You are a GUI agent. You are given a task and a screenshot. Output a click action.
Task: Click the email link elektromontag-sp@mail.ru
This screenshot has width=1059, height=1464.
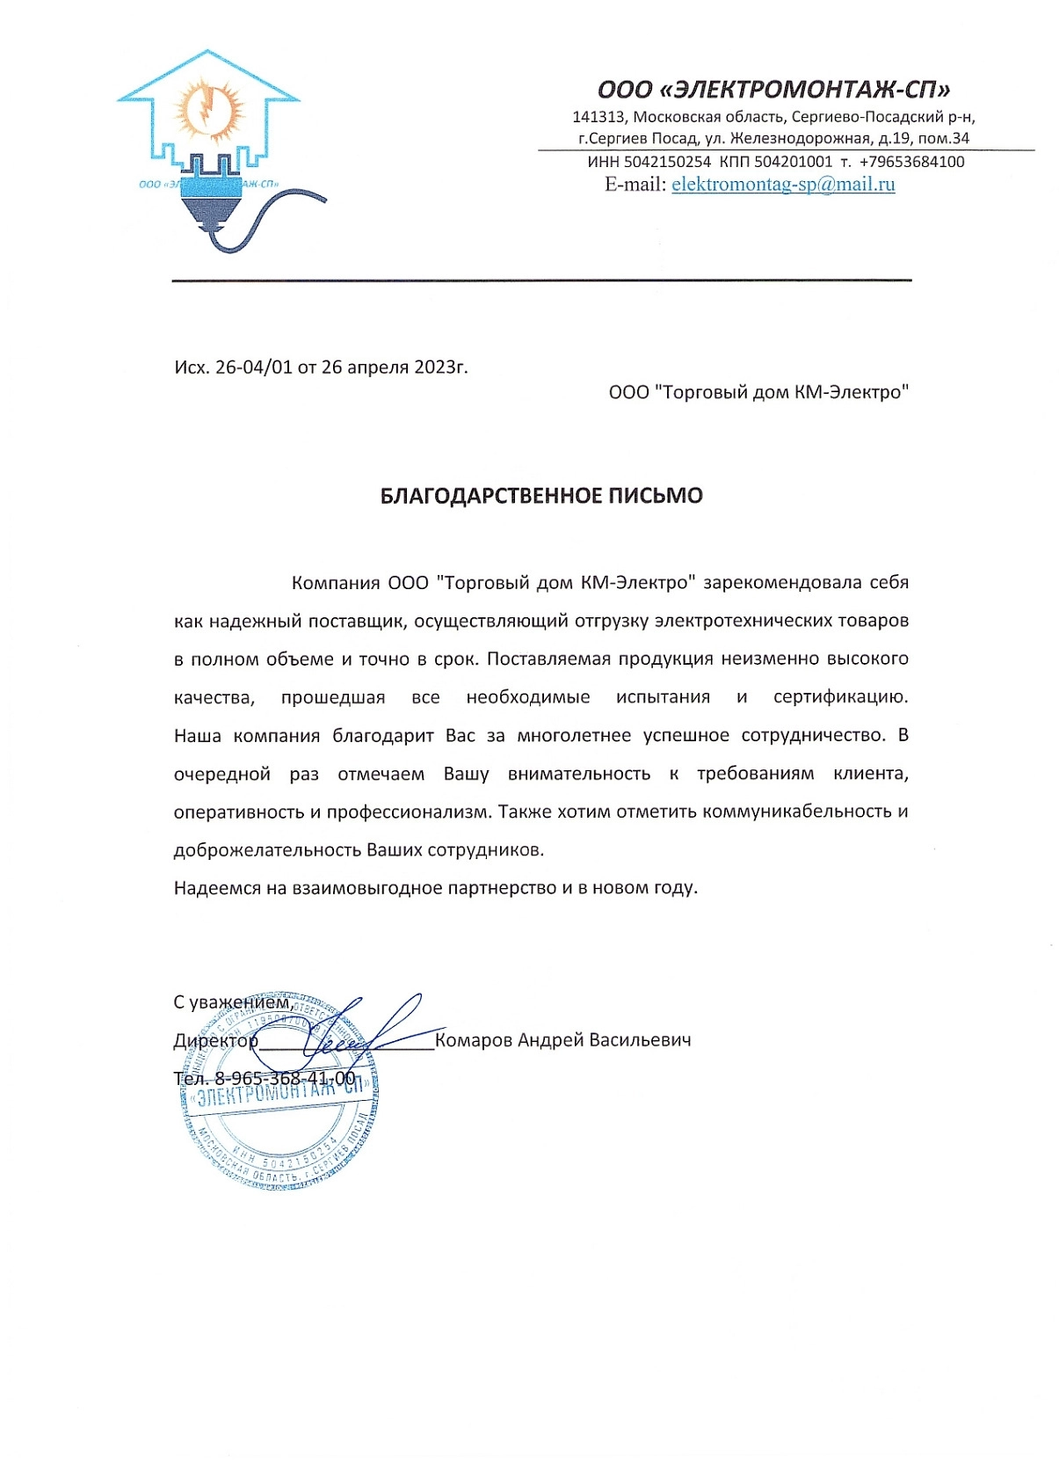[783, 185]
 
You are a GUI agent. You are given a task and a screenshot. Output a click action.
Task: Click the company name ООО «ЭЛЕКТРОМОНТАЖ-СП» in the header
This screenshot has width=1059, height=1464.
[773, 90]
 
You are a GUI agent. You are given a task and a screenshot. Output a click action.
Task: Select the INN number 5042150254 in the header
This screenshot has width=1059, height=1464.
[667, 162]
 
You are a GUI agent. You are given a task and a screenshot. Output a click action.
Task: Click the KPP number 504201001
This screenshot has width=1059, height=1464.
[793, 162]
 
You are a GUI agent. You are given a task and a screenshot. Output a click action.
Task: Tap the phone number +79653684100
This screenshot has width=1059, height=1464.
[911, 162]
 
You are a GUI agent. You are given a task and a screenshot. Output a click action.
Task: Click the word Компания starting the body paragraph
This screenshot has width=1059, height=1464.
[335, 583]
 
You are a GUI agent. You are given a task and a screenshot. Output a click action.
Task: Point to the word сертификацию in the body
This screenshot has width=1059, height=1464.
[840, 697]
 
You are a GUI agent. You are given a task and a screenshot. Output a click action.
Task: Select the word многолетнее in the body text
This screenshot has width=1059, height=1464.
[574, 736]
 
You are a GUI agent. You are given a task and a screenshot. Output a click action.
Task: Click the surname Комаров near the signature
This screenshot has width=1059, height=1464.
[473, 1040]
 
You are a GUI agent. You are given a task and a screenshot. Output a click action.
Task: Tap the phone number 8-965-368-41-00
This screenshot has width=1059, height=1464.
[285, 1079]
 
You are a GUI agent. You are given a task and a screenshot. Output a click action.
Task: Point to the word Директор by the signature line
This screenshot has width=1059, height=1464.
[215, 1041]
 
